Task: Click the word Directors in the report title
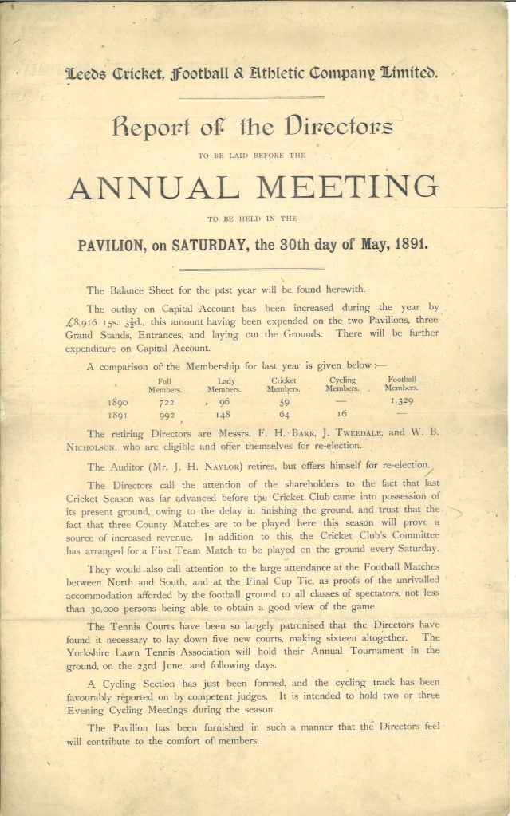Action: coord(327,126)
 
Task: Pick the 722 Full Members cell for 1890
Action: coord(166,404)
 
